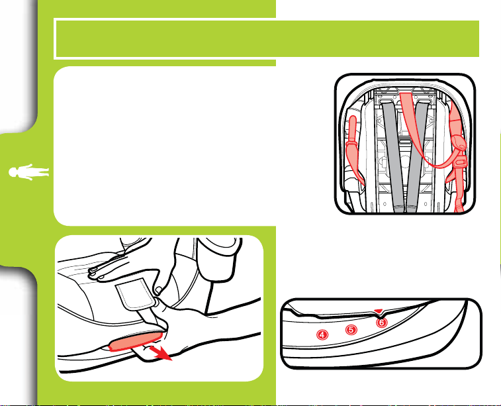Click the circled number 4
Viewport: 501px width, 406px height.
click(322, 334)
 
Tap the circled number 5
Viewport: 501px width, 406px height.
click(351, 329)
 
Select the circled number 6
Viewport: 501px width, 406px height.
click(381, 323)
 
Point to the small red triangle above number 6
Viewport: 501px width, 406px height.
click(379, 311)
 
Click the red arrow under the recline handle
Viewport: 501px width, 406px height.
click(161, 353)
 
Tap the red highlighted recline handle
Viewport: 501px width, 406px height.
click(136, 341)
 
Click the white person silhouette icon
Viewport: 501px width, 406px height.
click(28, 172)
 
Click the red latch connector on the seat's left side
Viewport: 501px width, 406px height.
click(354, 150)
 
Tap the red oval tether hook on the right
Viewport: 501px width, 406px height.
click(459, 142)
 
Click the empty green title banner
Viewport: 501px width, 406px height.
click(267, 38)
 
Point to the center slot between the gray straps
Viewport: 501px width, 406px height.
click(405, 141)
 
